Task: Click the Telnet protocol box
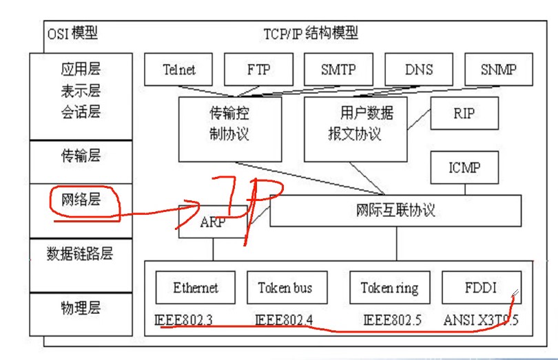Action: [179, 70]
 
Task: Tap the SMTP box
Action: [338, 70]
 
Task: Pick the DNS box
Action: [418, 70]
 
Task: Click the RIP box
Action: [464, 114]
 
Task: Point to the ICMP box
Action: [464, 168]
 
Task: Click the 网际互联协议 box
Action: [395, 211]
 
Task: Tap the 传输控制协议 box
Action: [220, 129]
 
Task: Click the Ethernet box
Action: [196, 288]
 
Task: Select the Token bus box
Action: [285, 288]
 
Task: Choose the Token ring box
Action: [389, 288]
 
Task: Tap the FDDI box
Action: [480, 288]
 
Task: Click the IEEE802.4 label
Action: [282, 320]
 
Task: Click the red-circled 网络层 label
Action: [81, 200]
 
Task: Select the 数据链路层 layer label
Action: [80, 253]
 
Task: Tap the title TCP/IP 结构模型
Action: [311, 33]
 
